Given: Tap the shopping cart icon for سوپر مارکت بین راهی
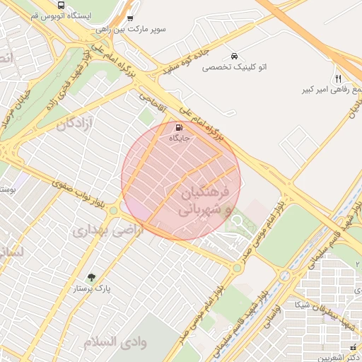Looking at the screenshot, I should coord(129,18).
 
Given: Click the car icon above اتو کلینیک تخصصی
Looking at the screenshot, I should coord(234,56).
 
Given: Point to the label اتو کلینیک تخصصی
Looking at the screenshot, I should coord(234,67).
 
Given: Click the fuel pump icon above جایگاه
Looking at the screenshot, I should coord(177,128).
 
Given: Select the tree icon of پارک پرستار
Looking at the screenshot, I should coord(90,277).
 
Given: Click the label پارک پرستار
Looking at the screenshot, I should coord(91,289).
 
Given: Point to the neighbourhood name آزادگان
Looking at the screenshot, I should coord(70,124).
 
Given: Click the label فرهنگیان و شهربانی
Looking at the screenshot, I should coord(197,202).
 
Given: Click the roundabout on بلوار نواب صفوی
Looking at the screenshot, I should coord(113,211).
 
